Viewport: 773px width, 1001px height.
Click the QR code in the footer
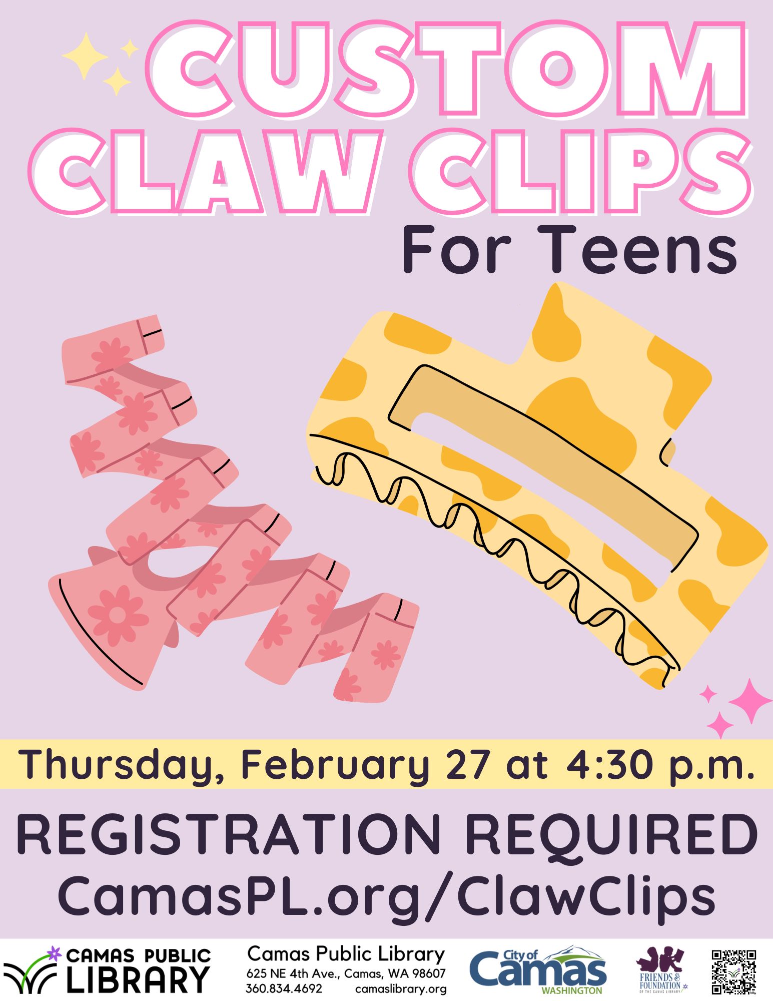[734, 971]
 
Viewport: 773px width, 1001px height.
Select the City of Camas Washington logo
[538, 970]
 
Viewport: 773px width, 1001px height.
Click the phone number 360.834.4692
[284, 988]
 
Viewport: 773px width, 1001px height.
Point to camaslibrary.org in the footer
[401, 988]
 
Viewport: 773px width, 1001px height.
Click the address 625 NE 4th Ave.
[295, 974]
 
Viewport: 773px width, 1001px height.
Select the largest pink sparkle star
[750, 701]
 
